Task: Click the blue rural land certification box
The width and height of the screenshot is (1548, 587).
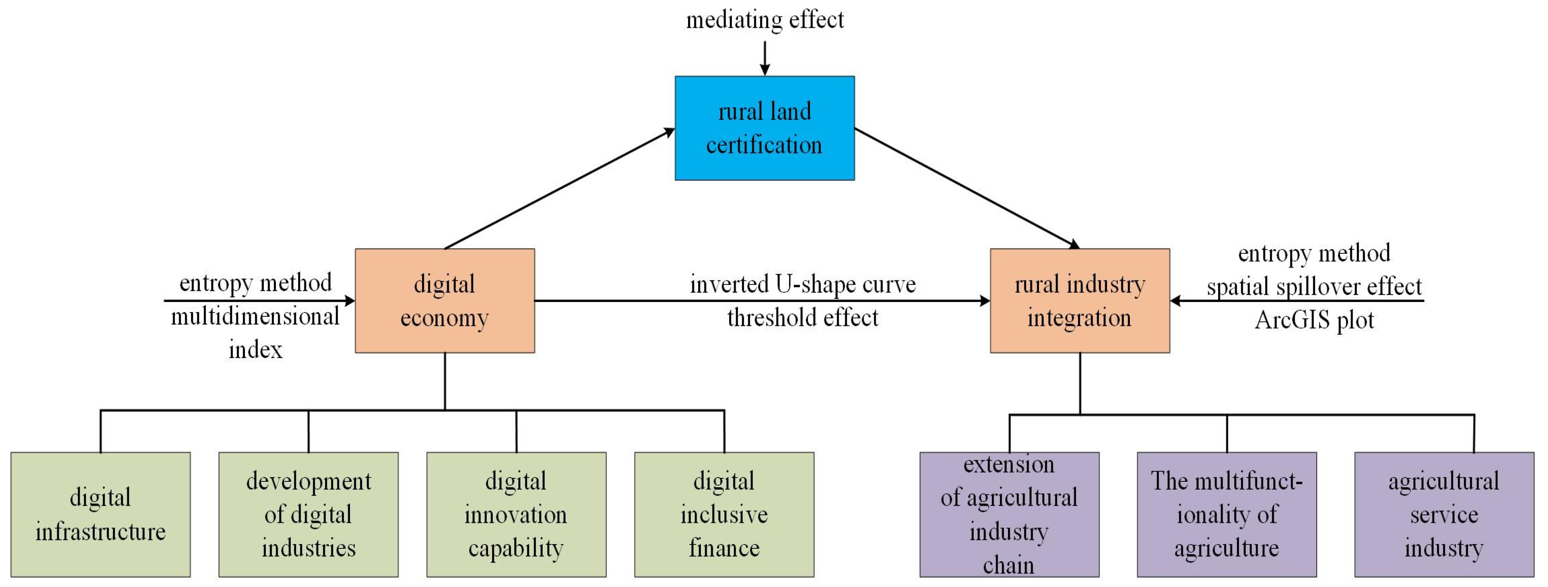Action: click(764, 128)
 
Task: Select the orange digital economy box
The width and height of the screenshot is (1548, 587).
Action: click(445, 300)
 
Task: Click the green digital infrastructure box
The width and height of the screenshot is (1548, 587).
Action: click(100, 514)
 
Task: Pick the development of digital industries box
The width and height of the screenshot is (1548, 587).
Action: click(308, 514)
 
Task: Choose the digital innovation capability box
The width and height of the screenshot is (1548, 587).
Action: click(516, 514)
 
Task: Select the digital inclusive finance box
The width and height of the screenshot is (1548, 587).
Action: click(724, 514)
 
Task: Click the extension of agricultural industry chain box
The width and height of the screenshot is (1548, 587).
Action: click(1009, 514)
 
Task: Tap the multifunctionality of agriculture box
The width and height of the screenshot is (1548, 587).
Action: click(1227, 514)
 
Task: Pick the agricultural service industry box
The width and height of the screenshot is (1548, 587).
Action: click(1444, 514)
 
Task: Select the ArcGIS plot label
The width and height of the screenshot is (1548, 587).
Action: click(1314, 320)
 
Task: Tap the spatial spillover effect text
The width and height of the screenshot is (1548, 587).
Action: click(1314, 287)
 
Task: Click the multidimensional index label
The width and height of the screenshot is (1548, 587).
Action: click(255, 332)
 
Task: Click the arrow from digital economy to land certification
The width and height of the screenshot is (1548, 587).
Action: click(559, 189)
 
